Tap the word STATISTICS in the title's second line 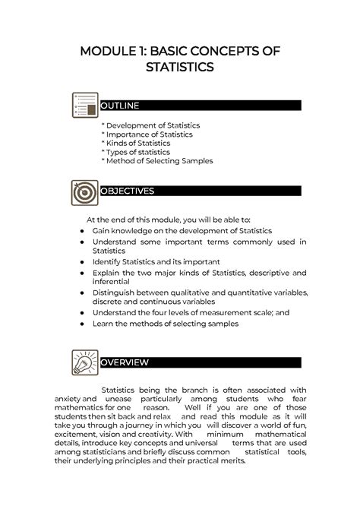(180, 68)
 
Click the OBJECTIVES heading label (128, 191)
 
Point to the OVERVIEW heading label (125, 362)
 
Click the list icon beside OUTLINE (85, 106)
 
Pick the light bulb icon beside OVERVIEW (83, 362)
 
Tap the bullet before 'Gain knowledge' (81, 229)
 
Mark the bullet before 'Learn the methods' (81, 324)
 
